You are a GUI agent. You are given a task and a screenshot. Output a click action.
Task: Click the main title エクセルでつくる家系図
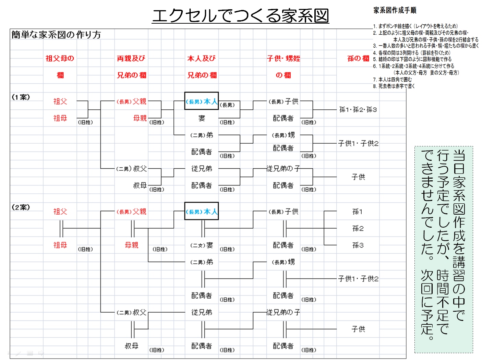(240, 16)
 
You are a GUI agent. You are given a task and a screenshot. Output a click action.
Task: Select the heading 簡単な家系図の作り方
(56, 35)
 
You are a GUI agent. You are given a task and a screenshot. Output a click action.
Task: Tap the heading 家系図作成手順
(395, 10)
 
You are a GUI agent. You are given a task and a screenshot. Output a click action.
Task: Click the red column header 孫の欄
(358, 59)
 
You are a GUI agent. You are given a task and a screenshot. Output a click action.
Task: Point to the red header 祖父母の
(60, 59)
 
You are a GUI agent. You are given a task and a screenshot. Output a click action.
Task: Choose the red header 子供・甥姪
(284, 59)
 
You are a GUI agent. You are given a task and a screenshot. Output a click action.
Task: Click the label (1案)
(21, 97)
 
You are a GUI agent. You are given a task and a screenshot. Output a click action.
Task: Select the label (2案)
(21, 207)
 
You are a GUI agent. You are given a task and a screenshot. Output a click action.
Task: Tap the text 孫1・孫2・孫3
(358, 110)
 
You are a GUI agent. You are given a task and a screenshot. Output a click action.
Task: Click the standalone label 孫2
(358, 228)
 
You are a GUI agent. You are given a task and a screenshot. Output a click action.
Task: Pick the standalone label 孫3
(358, 245)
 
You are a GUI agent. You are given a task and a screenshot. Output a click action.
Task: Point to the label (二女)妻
(202, 245)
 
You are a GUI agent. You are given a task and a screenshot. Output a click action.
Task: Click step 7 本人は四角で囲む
(393, 80)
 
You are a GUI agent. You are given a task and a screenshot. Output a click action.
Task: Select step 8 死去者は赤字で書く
(394, 86)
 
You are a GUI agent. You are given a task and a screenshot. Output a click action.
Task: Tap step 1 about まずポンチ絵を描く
(415, 26)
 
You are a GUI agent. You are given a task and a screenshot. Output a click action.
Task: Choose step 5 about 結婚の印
(412, 59)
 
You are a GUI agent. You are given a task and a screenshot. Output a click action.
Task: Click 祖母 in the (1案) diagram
(60, 118)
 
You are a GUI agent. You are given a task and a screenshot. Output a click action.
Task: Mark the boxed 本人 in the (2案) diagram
(202, 212)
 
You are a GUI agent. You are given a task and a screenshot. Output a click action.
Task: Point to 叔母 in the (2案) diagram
(132, 346)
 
